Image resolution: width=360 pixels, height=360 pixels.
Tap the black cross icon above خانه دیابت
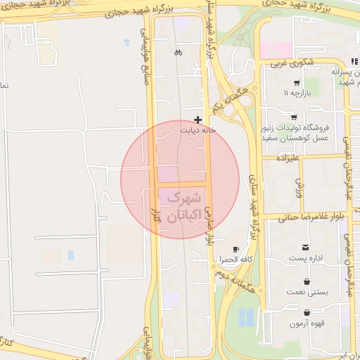198,120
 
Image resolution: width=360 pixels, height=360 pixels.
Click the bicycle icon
178,52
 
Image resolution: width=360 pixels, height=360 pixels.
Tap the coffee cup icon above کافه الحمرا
236,249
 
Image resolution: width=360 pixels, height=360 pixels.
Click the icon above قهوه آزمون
307,312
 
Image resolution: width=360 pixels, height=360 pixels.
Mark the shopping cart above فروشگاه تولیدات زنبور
293,117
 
